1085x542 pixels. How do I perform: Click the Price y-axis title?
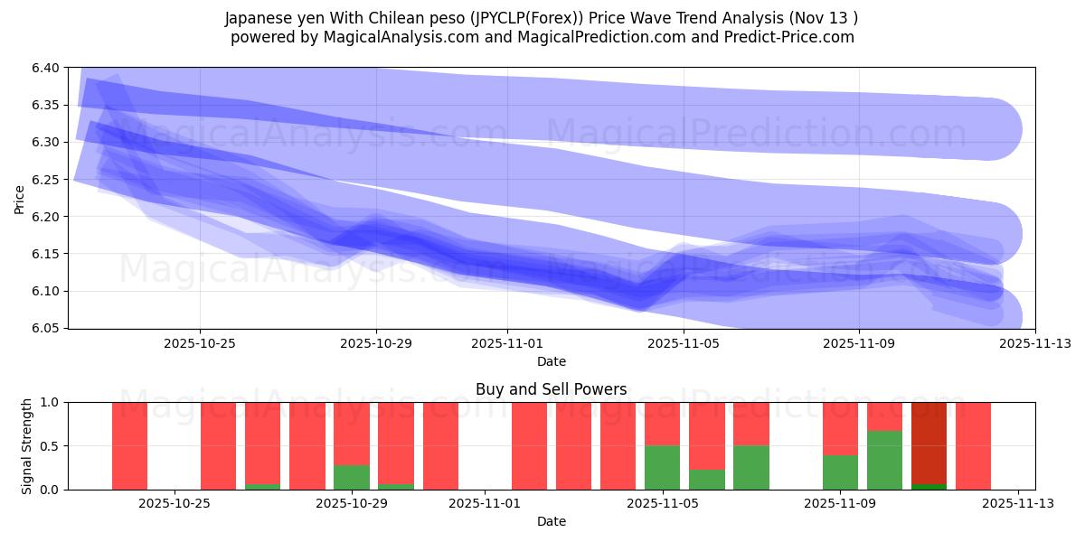click(20, 198)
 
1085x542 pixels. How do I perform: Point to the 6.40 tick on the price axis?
click(47, 68)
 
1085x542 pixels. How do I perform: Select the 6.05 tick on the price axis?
click(47, 328)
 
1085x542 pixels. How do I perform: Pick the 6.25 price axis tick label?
click(47, 180)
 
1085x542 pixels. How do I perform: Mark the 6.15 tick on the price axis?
click(47, 254)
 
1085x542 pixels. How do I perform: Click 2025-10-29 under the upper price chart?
click(376, 343)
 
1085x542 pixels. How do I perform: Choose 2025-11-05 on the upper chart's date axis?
click(684, 343)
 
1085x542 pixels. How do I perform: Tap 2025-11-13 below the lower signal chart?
click(1018, 502)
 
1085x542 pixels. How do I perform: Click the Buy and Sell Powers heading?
click(551, 390)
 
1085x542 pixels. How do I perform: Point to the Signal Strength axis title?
click(27, 445)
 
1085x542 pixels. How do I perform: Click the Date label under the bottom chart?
click(551, 521)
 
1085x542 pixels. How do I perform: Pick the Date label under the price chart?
click(551, 361)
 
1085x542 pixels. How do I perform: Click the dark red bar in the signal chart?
click(929, 443)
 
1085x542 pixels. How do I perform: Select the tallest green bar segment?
click(884, 460)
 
